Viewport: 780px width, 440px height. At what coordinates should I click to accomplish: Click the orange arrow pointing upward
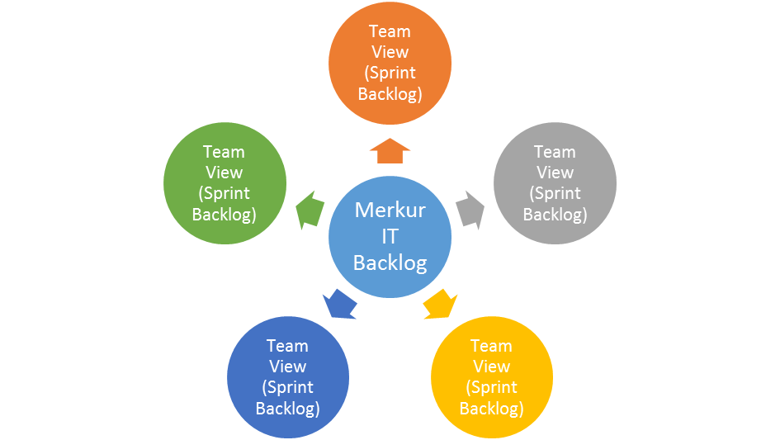tap(390, 151)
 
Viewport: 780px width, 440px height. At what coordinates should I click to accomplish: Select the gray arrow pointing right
tap(471, 210)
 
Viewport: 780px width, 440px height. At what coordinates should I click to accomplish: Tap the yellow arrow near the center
tap(439, 304)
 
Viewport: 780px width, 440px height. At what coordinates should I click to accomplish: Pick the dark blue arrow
tap(340, 304)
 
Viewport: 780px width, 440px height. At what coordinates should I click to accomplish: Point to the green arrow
tap(307, 210)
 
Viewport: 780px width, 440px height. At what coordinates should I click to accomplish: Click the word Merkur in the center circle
tap(390, 210)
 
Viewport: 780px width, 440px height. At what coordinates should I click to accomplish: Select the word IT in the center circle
tap(390, 236)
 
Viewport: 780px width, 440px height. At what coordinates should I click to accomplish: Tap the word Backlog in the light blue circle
tap(390, 263)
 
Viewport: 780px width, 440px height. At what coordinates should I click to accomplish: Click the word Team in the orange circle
tap(390, 31)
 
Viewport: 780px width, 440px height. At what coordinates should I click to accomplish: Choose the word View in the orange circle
tap(390, 52)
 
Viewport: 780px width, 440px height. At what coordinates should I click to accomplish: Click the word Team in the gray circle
tap(555, 152)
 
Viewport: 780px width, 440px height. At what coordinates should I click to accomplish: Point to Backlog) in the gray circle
tap(555, 215)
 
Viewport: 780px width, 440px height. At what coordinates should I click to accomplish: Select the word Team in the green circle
tap(224, 152)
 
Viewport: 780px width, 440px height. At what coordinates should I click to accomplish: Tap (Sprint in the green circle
tap(224, 193)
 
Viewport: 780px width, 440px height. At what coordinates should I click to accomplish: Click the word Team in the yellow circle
tap(491, 346)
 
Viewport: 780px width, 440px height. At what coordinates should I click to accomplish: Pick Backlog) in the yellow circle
tap(491, 409)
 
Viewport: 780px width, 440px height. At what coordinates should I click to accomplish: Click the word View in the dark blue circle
tap(287, 367)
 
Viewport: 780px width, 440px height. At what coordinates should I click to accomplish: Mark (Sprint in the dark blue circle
tap(287, 387)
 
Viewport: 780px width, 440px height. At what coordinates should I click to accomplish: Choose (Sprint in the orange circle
tap(390, 73)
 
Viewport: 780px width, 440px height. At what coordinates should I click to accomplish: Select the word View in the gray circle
tap(555, 173)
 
